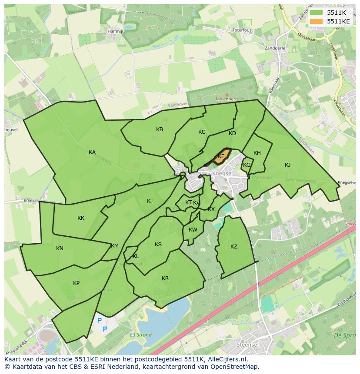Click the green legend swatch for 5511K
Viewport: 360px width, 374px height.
(x=316, y=13)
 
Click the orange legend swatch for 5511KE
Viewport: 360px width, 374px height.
(x=316, y=21)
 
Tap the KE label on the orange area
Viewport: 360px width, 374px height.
(x=221, y=156)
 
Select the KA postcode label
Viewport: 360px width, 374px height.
(x=92, y=152)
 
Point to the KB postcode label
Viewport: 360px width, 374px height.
(x=160, y=129)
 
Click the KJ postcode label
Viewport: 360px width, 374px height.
(x=287, y=165)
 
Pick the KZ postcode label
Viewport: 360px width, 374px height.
(x=234, y=247)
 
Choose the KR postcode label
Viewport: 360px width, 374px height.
(x=165, y=278)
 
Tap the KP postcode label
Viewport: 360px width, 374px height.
(x=77, y=283)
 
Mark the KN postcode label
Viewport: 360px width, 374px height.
(x=60, y=248)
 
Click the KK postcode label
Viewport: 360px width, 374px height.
(x=81, y=218)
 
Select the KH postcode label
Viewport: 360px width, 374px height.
(x=257, y=153)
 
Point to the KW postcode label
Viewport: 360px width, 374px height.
(x=193, y=230)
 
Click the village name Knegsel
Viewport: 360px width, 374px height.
(x=223, y=172)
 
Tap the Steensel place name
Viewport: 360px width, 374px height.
(x=247, y=344)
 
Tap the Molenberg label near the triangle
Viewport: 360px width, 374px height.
(x=226, y=99)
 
